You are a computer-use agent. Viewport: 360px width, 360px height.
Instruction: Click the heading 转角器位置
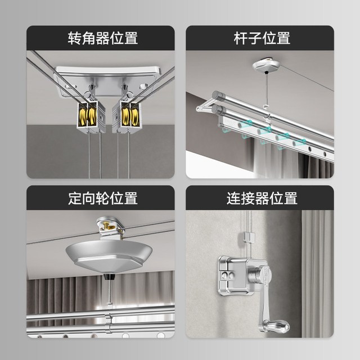pos(102,38)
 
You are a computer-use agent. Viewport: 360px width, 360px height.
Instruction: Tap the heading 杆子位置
pos(262,38)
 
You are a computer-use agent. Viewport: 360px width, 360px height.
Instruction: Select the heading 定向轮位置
pos(102,198)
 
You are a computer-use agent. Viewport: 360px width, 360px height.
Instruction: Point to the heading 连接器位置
pos(262,198)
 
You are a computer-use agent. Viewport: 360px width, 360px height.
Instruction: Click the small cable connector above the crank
pos(249,237)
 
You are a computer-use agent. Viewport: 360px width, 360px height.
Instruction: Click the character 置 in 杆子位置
pos(283,38)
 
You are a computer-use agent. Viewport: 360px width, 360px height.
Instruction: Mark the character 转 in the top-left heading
pos(74,38)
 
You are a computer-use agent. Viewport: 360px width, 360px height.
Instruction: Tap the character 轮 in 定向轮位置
pos(102,198)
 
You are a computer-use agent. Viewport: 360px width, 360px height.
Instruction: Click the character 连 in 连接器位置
pos(234,198)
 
